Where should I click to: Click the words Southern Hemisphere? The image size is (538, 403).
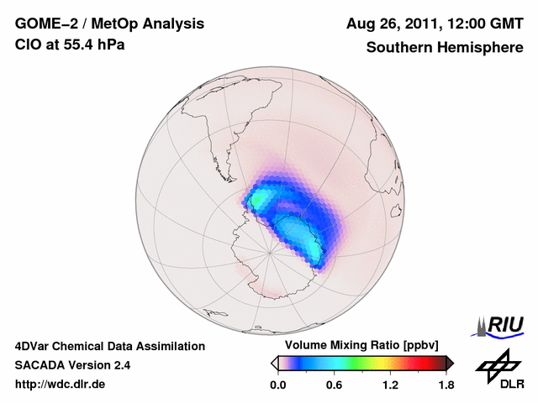pyautogui.click(x=443, y=47)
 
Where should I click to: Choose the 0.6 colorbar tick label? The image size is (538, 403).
pyautogui.click(x=334, y=385)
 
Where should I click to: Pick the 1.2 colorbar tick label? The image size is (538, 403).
pyautogui.click(x=390, y=385)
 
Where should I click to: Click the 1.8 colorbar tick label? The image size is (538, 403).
pyautogui.click(x=446, y=385)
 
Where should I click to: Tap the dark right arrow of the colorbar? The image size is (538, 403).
pyautogui.click(x=450, y=362)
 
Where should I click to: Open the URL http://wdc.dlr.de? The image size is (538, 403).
pyautogui.click(x=61, y=385)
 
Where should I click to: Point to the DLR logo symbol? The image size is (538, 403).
pyautogui.click(x=497, y=363)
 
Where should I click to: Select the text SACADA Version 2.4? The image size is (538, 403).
pyautogui.click(x=72, y=365)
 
